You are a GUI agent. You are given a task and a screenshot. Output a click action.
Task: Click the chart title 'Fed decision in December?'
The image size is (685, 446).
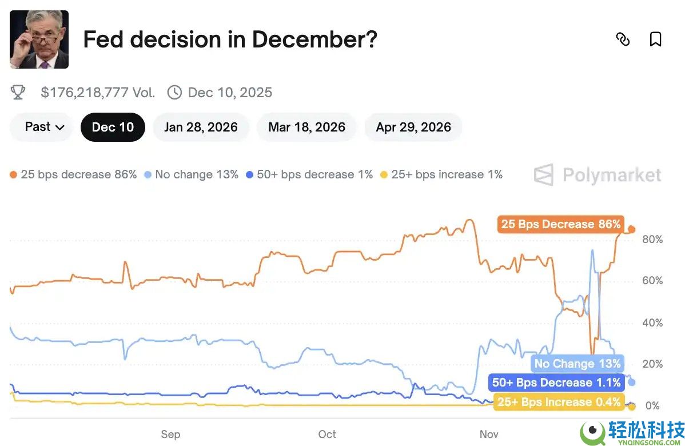(230, 39)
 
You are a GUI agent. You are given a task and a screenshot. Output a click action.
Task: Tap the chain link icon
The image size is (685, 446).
(623, 39)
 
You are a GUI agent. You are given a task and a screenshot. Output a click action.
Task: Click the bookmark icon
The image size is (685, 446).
(655, 39)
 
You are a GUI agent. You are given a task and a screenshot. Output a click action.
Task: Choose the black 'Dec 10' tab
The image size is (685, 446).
(113, 127)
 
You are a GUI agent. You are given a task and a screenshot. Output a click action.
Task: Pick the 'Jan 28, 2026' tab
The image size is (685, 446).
(201, 127)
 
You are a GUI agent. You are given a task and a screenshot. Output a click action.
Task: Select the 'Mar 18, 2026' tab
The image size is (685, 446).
(306, 127)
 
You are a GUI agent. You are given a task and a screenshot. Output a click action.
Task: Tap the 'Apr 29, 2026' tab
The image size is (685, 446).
(413, 127)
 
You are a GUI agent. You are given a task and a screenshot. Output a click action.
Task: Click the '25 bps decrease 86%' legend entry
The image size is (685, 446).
(74, 174)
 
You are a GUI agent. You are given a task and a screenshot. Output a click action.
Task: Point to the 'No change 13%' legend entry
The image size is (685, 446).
(192, 174)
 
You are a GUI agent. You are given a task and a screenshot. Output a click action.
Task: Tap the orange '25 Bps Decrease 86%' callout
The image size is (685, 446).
(560, 224)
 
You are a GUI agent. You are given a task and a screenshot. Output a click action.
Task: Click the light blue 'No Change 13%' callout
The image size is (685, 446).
(577, 364)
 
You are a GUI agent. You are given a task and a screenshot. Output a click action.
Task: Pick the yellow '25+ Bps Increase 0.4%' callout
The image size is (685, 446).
(559, 402)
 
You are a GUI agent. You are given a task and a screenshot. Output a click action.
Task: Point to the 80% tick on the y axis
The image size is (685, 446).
(652, 239)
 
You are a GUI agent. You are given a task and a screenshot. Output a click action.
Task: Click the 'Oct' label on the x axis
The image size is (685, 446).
(327, 434)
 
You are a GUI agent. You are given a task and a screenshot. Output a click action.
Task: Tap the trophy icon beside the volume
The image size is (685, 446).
(18, 93)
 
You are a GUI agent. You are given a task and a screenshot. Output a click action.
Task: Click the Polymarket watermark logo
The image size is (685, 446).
(598, 175)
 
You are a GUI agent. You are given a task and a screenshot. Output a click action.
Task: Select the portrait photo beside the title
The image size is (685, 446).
(39, 39)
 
